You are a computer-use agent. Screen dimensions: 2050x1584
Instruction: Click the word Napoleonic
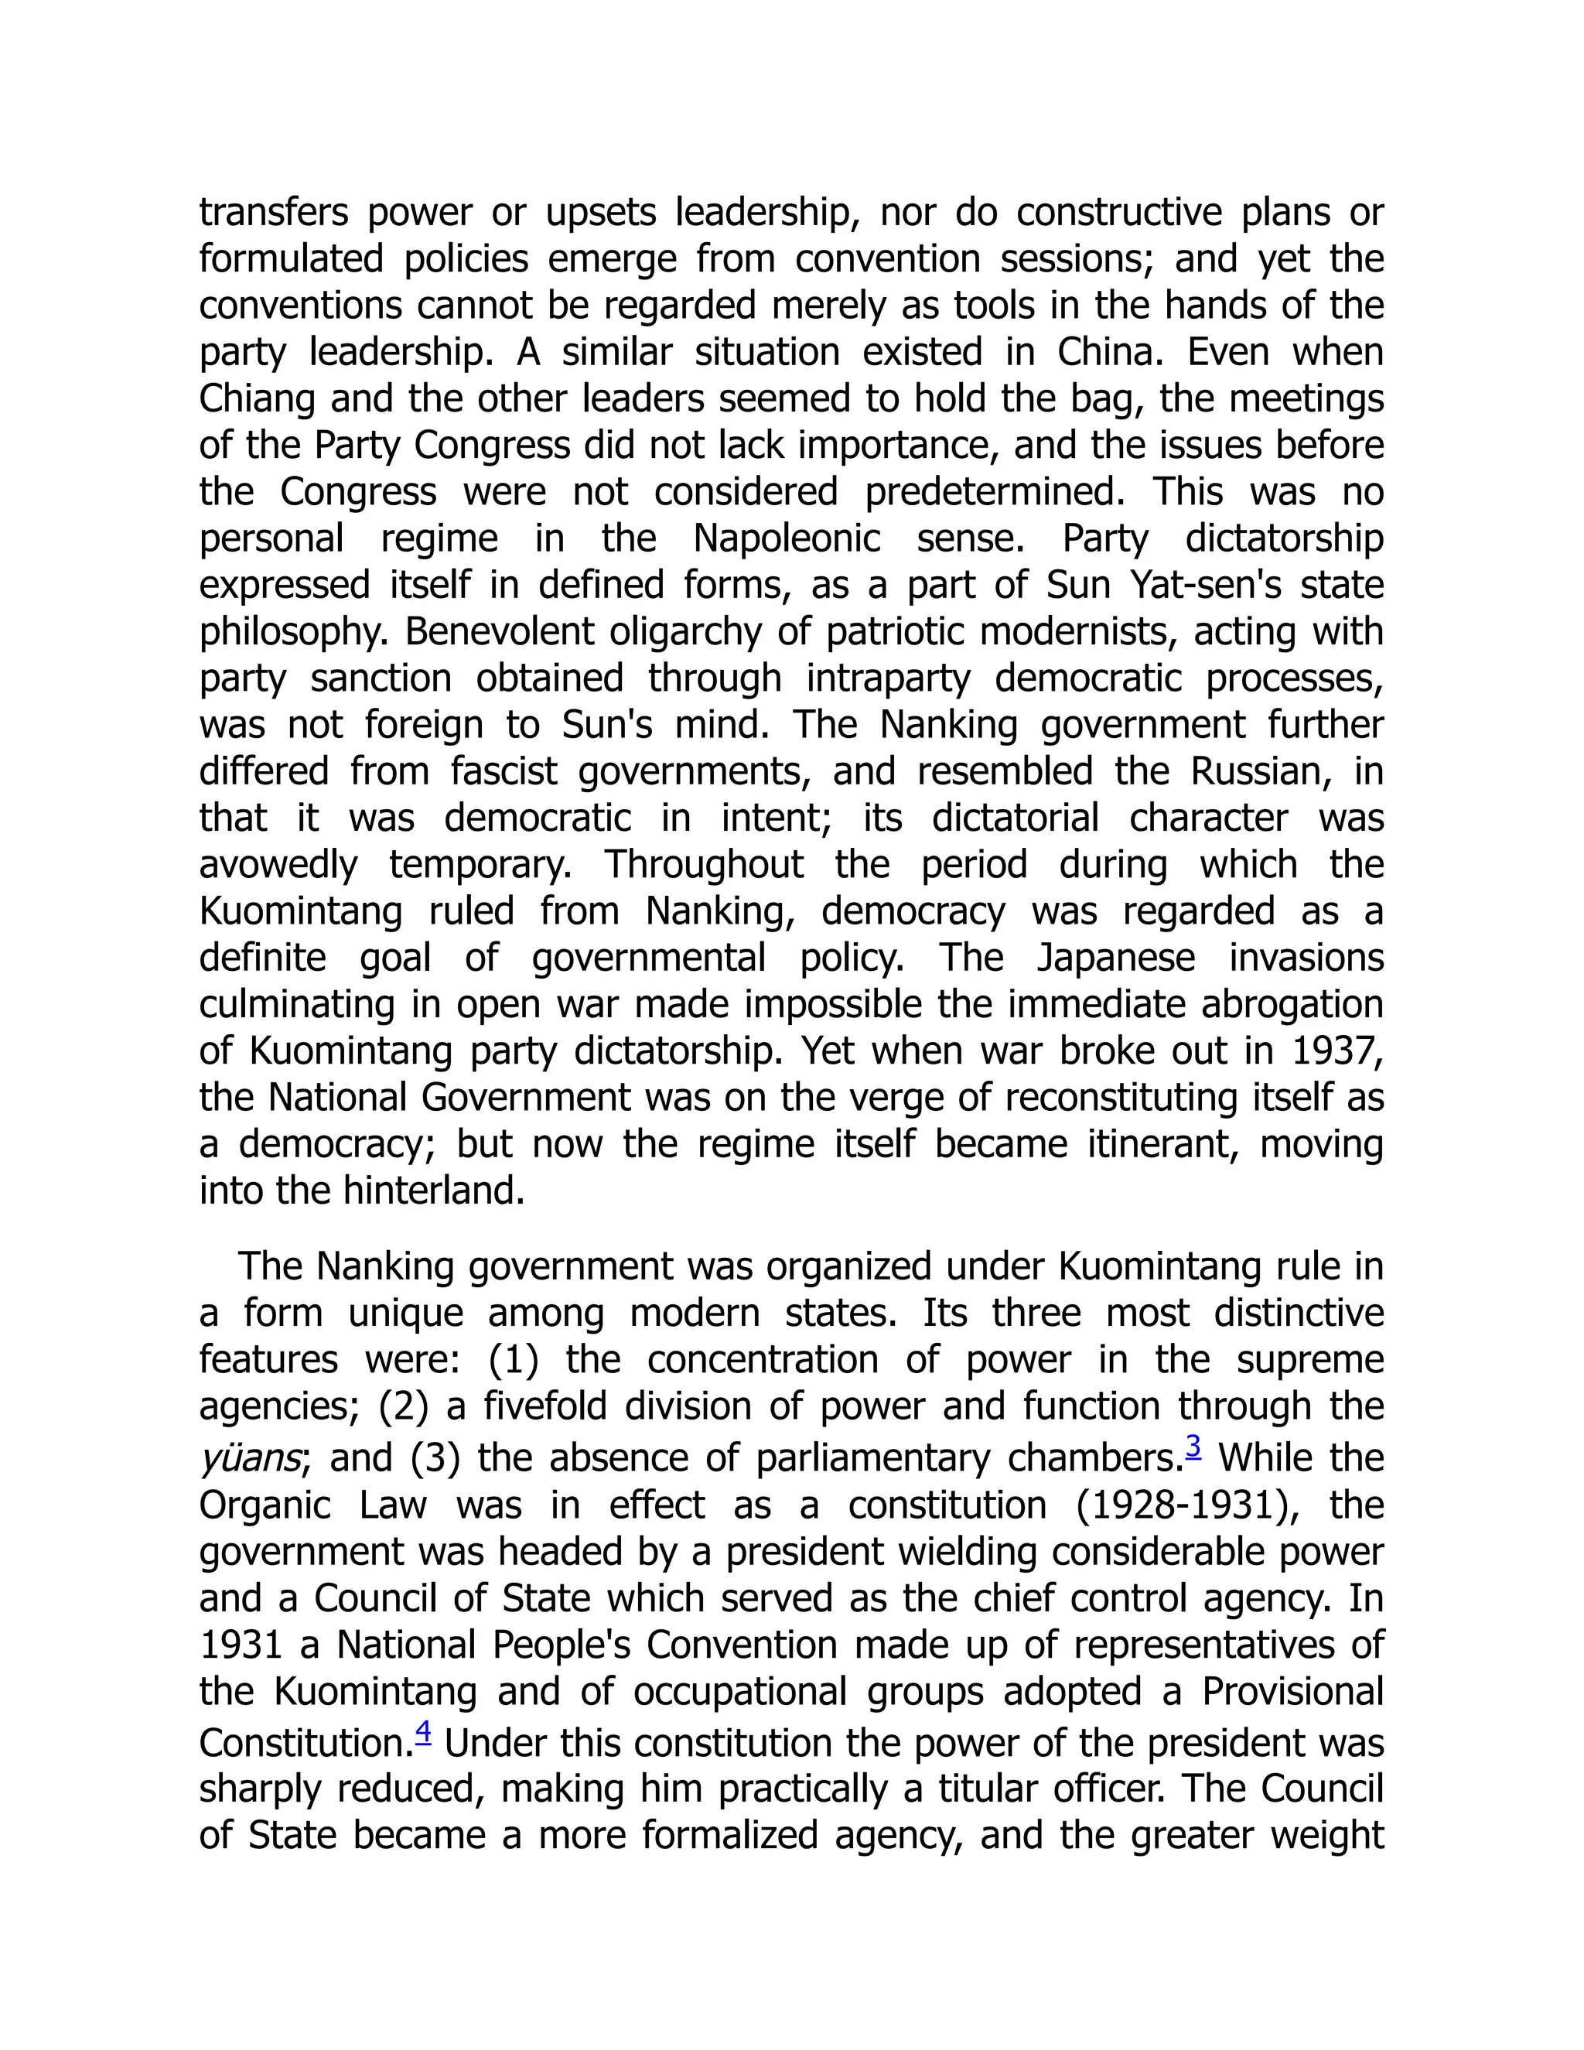(787, 538)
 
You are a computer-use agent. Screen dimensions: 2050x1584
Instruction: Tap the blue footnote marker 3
(1193, 1447)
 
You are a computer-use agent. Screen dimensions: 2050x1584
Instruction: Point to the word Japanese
(1116, 958)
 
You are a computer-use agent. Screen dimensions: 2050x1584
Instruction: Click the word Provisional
(1292, 1691)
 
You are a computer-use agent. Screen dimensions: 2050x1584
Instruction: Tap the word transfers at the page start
(273, 212)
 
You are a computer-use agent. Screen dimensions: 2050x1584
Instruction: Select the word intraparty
(888, 678)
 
